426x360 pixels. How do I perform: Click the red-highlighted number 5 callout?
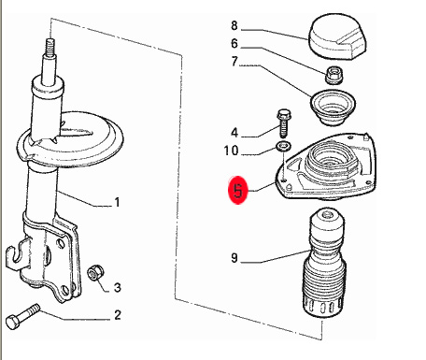238,190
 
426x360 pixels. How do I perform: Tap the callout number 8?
234,25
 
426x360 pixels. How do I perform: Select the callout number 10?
231,151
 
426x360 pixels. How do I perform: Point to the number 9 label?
234,258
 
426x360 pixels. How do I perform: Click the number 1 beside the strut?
117,202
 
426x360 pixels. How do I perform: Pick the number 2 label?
117,315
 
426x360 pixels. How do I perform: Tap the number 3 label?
117,287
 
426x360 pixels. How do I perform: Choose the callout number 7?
234,62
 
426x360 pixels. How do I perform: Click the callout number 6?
234,44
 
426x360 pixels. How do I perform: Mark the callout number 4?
234,133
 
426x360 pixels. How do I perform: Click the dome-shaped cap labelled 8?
337,36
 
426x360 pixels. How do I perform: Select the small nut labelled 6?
334,76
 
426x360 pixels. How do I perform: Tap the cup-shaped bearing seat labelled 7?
333,108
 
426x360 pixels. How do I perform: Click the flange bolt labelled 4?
283,123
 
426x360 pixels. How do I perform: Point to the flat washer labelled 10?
283,146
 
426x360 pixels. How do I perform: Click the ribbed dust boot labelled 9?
324,265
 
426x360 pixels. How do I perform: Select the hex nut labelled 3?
95,273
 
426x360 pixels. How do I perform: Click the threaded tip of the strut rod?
50,47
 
